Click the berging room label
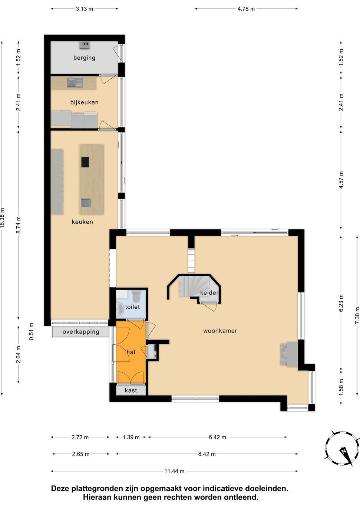click(x=84, y=58)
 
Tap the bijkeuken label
click(x=84, y=102)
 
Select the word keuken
click(x=82, y=222)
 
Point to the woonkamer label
click(x=220, y=331)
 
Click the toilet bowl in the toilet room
click(x=136, y=296)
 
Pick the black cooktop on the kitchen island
click(x=85, y=162)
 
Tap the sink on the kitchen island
click(x=86, y=203)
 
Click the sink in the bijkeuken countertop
click(x=75, y=82)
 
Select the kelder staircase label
click(x=209, y=292)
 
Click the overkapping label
click(x=81, y=332)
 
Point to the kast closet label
click(x=131, y=390)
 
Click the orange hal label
click(x=131, y=352)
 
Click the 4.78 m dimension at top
click(x=246, y=9)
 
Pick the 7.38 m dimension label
click(x=357, y=315)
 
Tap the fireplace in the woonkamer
click(x=289, y=354)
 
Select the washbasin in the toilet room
click(x=120, y=309)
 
